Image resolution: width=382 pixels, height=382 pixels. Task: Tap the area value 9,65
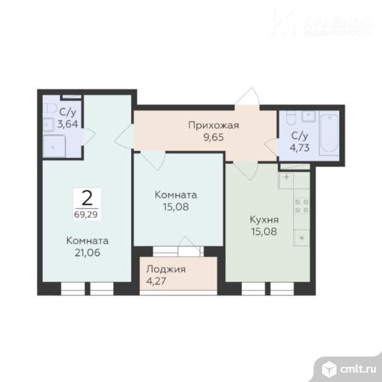(x=213, y=139)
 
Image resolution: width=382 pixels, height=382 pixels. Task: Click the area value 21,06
(x=87, y=252)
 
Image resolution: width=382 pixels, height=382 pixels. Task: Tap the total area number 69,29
(x=88, y=213)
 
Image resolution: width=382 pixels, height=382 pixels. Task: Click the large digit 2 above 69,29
(x=87, y=197)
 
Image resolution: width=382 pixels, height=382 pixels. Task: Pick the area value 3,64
(x=68, y=123)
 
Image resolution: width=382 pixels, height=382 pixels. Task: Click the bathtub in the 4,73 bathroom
(x=329, y=136)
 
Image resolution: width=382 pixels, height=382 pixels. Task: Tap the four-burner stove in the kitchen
(x=302, y=205)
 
